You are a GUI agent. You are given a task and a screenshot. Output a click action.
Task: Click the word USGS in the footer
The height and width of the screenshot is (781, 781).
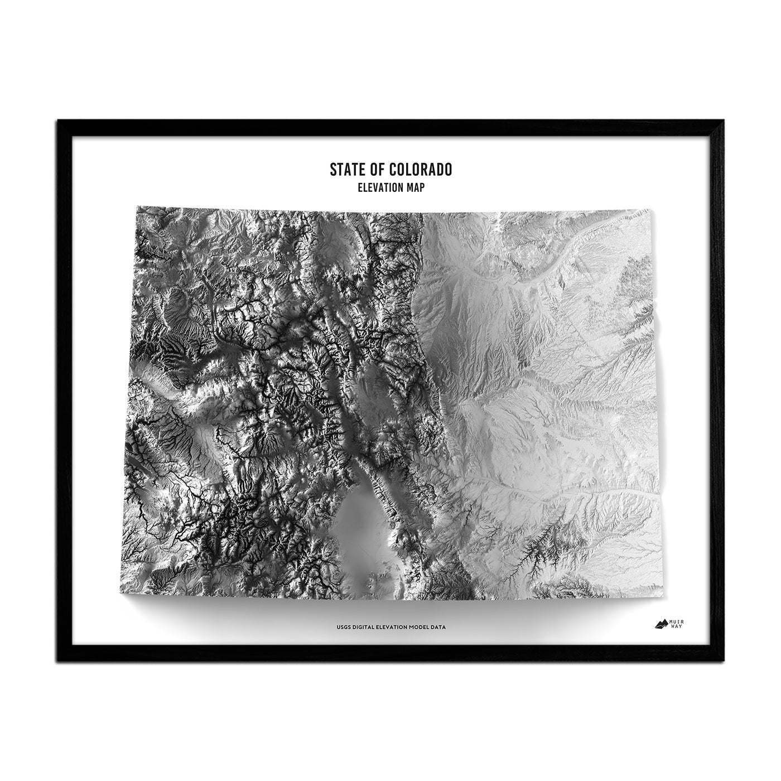tap(342, 628)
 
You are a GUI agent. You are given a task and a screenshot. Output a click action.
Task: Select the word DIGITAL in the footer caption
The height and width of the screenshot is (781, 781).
tap(364, 628)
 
